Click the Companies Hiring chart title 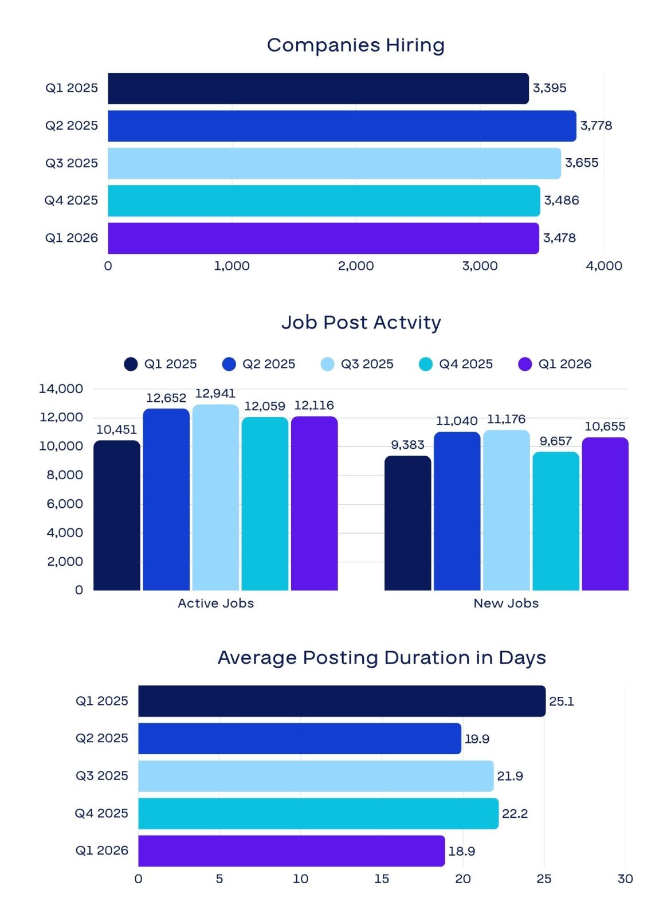coord(355,45)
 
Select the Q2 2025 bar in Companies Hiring coord(342,126)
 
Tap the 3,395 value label coord(549,88)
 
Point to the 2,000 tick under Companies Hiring coord(356,266)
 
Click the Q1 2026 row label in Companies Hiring coord(71,238)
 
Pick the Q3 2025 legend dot coord(327,364)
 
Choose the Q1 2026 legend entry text coord(564,364)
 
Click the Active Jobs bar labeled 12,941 coord(215,497)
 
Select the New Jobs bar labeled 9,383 coord(407,523)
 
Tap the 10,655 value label coord(605,426)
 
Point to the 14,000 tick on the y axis coord(61,389)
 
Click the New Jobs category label coord(506,603)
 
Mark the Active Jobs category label coord(215,603)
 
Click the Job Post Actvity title coord(362,323)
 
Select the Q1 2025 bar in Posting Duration coord(342,701)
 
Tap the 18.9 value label coord(462,851)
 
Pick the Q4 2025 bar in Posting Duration coord(319,813)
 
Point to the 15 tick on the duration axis coord(382,879)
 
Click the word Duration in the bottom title coord(427,658)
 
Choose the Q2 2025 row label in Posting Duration coord(101,738)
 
